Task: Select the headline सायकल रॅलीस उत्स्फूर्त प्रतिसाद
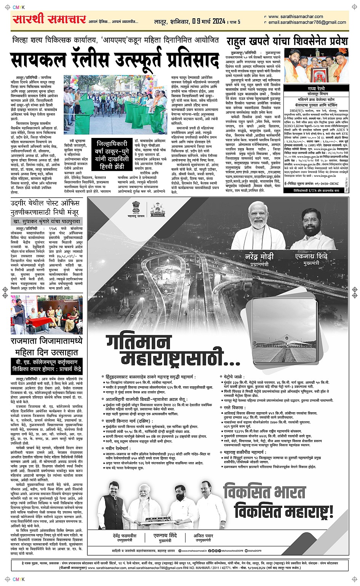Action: click(x=115, y=60)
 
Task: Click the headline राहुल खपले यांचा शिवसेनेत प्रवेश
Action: click(x=287, y=41)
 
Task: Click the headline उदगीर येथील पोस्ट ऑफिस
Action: click(x=45, y=203)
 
